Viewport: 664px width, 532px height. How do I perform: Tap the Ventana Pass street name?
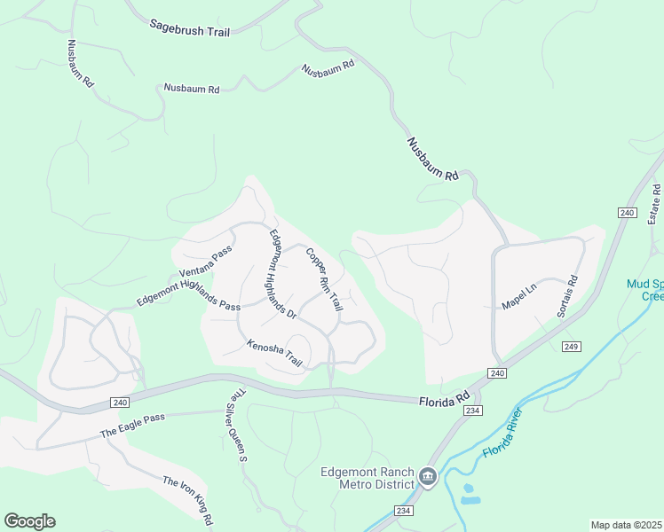[x=205, y=260]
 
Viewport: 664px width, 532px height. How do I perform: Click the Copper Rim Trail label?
[x=324, y=279]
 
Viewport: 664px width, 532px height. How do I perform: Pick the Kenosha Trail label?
[x=274, y=353]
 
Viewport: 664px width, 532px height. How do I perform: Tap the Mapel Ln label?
[x=519, y=297]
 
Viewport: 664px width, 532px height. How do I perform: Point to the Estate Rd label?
[x=655, y=204]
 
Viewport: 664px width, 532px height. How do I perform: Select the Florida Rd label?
[x=443, y=401]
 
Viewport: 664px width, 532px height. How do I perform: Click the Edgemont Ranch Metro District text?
[x=367, y=478]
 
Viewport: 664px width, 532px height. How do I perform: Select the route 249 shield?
[x=571, y=346]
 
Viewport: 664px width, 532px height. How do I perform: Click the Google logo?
[x=29, y=521]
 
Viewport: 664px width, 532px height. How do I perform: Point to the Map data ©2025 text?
[x=626, y=525]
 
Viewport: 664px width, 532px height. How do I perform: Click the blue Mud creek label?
[x=645, y=290]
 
